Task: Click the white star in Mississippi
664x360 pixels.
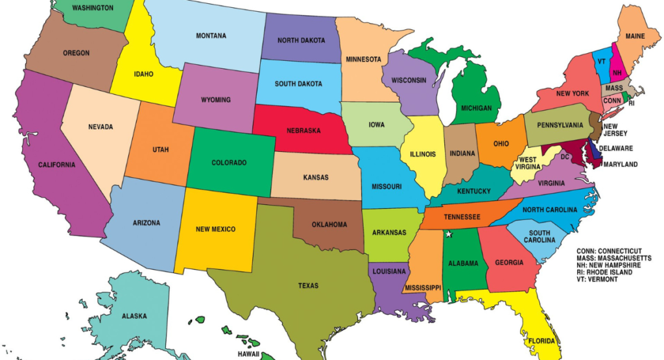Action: (447, 234)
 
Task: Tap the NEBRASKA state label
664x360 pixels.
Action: (303, 130)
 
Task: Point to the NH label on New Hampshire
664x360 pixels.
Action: (617, 73)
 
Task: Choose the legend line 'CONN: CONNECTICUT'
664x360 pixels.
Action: (609, 251)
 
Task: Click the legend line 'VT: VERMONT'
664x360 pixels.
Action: (597, 279)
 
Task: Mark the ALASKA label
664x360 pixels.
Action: (134, 317)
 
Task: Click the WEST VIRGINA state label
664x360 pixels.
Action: (527, 163)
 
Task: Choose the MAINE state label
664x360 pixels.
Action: (635, 36)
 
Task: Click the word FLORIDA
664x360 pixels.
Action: (541, 341)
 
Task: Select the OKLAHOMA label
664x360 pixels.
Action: (329, 225)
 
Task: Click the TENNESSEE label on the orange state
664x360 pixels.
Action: (462, 217)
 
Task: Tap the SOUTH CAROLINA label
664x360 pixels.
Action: (539, 237)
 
